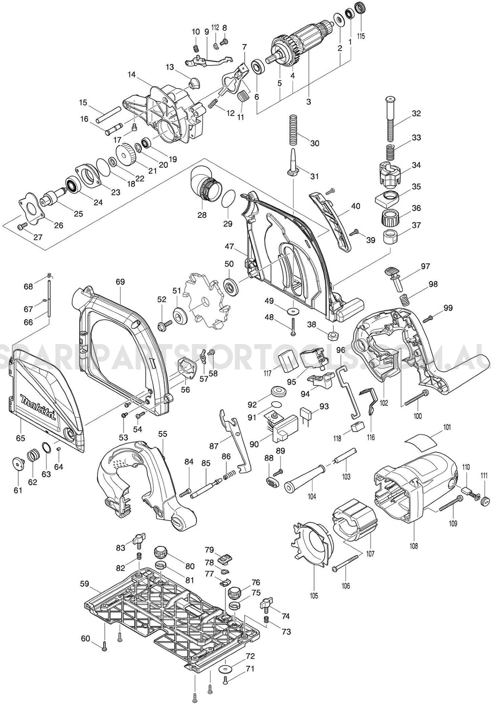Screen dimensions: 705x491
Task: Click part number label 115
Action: tap(361, 36)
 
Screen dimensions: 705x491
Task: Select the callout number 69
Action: tap(120, 282)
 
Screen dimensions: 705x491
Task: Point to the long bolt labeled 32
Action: tap(390, 120)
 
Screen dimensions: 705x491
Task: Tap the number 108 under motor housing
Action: tap(414, 546)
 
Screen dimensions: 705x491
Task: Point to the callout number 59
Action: tap(84, 584)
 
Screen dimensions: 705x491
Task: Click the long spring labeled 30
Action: tap(293, 129)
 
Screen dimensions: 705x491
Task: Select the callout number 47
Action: tap(229, 246)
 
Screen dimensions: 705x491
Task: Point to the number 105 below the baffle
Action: tap(314, 596)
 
